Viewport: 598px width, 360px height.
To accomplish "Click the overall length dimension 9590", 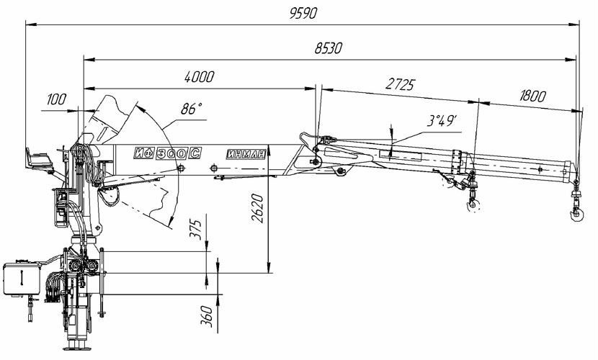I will pyautogui.click(x=301, y=14).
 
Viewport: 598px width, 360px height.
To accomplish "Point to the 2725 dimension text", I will pyautogui.click(x=400, y=84).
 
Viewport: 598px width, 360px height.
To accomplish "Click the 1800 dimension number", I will pyautogui.click(x=531, y=96).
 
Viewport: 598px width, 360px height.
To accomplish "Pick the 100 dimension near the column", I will pyautogui.click(x=60, y=99).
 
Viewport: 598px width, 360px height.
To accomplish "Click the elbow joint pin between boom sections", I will pyautogui.click(x=314, y=162).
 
